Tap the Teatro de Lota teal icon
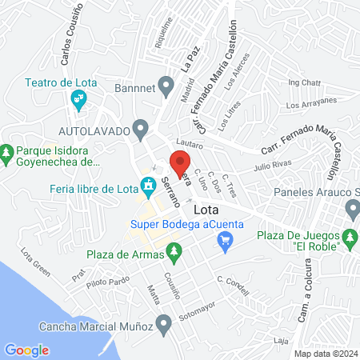click(x=78, y=100)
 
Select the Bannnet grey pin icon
click(x=166, y=85)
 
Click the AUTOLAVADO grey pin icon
click(x=141, y=128)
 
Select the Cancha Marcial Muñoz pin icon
click(x=164, y=326)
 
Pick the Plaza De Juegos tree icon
click(x=349, y=237)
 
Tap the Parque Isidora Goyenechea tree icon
click(x=7, y=151)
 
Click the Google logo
click(x=26, y=350)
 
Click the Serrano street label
click(x=169, y=192)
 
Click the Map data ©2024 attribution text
click(x=324, y=353)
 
